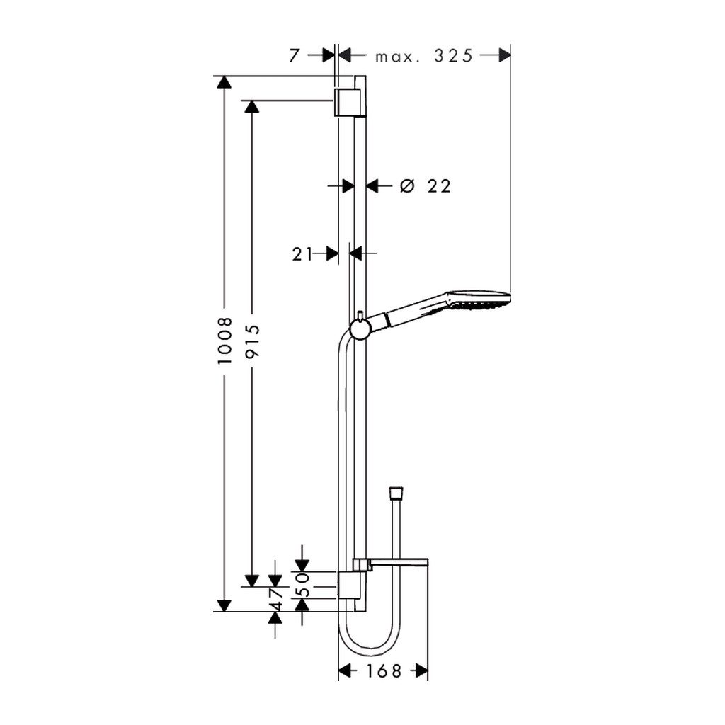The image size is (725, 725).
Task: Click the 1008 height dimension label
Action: click(224, 340)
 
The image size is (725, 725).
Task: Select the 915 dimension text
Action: click(253, 341)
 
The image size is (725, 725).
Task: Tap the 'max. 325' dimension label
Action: click(424, 57)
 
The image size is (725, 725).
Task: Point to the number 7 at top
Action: click(295, 56)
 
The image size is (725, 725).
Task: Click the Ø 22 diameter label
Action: click(425, 186)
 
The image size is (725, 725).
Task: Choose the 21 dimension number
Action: click(302, 254)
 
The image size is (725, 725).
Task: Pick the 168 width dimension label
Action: click(383, 671)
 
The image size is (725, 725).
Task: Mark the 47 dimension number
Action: click(276, 599)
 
